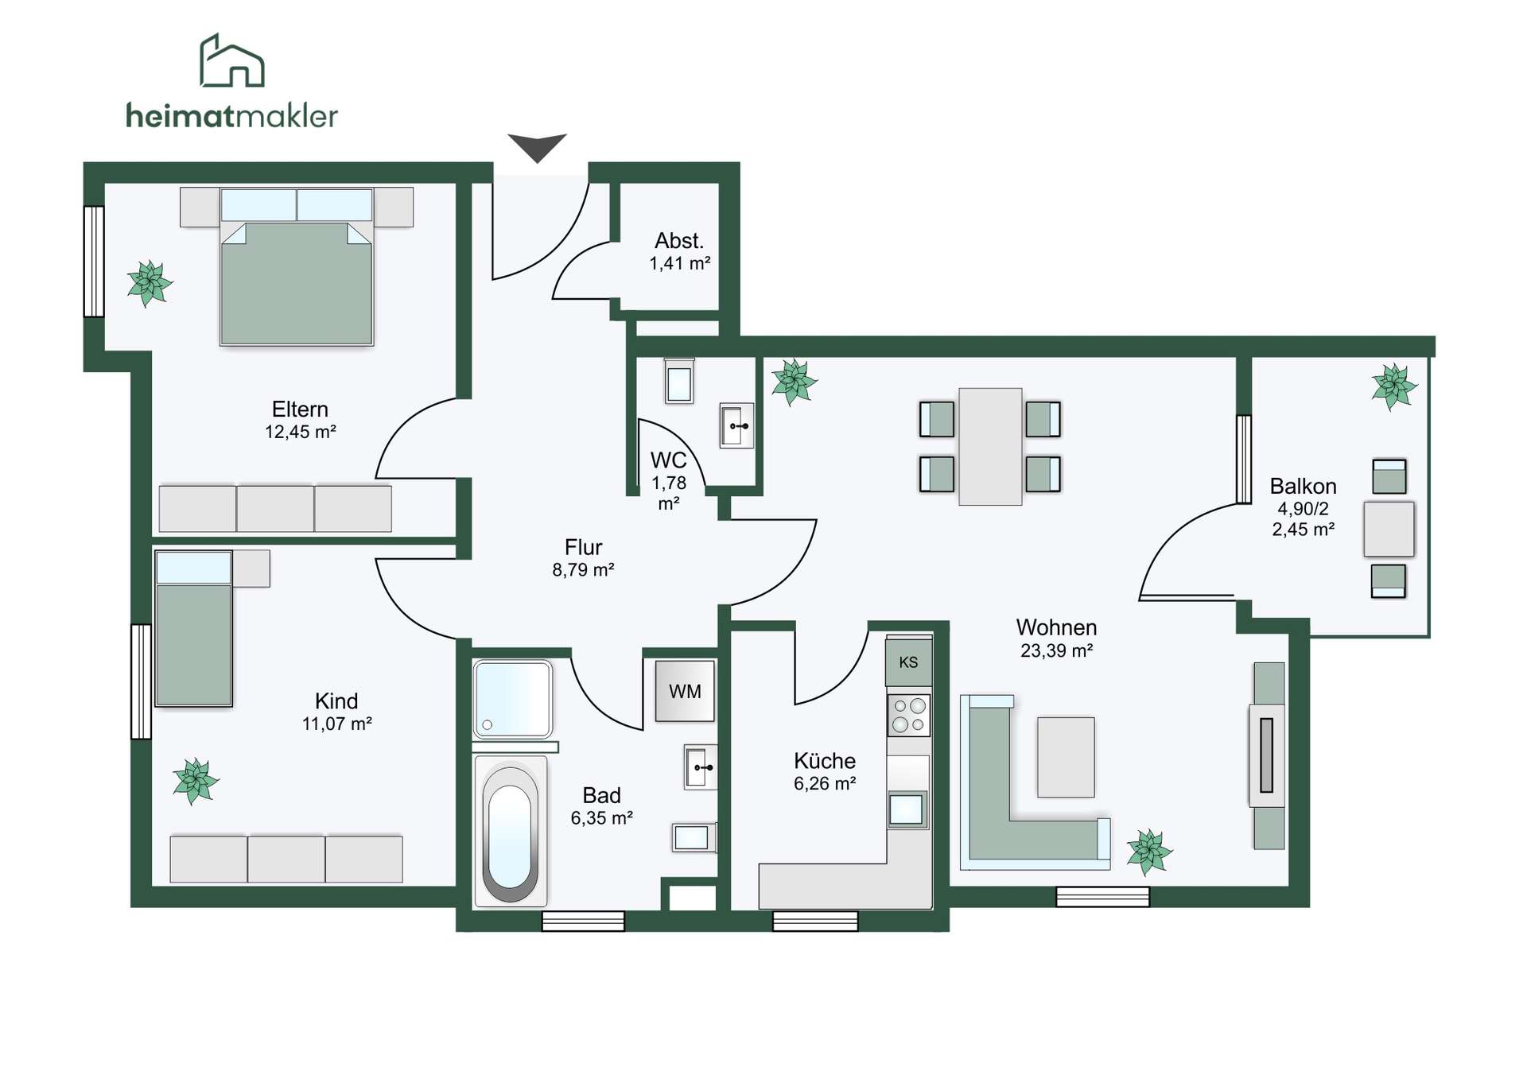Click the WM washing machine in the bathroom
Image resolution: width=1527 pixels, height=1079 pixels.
tap(685, 691)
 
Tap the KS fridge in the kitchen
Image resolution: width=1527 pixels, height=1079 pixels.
tap(908, 662)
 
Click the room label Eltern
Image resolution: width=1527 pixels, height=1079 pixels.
tap(300, 409)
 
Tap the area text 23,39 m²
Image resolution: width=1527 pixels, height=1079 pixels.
tap(1056, 650)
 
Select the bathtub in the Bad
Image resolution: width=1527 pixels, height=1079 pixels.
tap(510, 832)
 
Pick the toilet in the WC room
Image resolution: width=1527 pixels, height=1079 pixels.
tap(679, 382)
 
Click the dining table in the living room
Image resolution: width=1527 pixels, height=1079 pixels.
tap(990, 446)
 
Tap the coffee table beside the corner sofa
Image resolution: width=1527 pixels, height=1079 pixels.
tap(1066, 757)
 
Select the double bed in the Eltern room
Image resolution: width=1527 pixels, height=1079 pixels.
tap(297, 266)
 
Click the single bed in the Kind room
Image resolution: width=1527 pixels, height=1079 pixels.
tap(194, 628)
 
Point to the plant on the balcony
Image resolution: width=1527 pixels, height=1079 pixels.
tap(1393, 386)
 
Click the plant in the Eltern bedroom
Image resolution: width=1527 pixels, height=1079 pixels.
tap(149, 283)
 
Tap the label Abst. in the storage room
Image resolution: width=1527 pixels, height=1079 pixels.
tap(679, 241)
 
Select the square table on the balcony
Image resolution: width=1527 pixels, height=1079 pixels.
tap(1389, 529)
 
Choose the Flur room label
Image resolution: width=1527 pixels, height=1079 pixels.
tap(583, 547)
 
